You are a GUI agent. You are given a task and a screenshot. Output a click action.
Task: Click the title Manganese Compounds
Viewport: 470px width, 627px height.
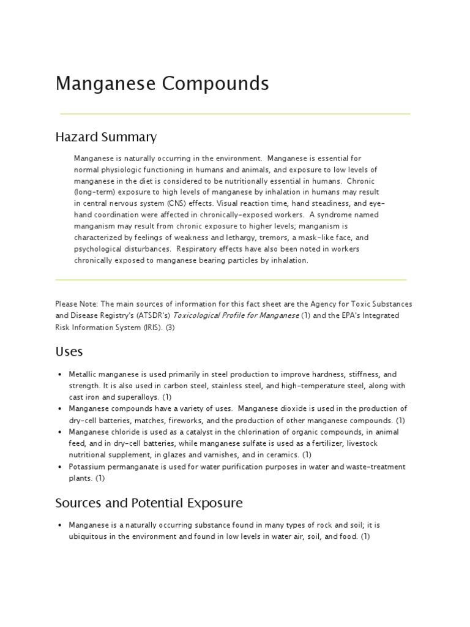tap(162, 83)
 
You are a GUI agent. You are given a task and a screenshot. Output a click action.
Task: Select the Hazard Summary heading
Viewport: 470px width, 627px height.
tap(106, 137)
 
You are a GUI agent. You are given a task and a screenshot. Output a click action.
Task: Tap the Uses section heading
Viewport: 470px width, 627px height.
tap(69, 351)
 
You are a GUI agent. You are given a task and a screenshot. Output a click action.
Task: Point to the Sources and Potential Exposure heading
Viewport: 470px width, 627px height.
tap(149, 503)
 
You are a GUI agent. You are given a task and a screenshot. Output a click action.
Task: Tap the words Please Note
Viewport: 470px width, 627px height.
tap(76, 304)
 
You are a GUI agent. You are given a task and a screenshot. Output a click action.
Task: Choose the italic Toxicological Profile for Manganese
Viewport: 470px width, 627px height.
tap(236, 315)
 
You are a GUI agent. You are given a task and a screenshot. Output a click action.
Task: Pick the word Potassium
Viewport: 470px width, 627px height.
tap(86, 467)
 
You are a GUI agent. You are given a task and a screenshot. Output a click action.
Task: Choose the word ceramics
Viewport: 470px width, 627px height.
tap(282, 455)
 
